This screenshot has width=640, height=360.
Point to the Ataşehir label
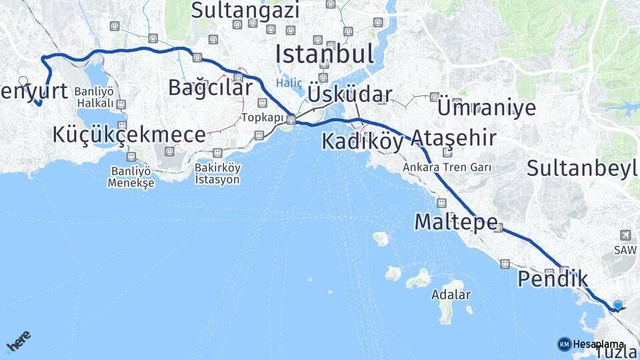[453, 138]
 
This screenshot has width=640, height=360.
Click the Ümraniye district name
[486, 107]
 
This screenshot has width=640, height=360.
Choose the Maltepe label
[456, 221]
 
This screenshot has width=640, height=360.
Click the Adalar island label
[451, 294]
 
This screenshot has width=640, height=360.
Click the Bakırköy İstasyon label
[218, 173]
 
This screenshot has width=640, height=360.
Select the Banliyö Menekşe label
[131, 177]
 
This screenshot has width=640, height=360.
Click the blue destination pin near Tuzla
[617, 305]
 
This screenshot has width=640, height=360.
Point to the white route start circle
[23, 81]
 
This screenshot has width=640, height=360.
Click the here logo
[18, 341]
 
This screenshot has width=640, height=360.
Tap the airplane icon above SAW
[625, 235]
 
